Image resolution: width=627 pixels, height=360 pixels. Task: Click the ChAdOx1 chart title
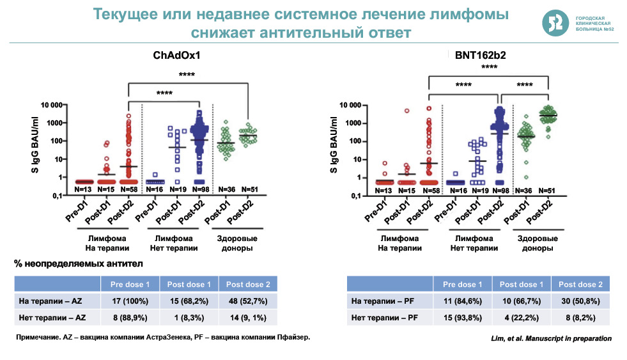[176, 56]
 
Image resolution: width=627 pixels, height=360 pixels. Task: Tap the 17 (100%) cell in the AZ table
[130, 300]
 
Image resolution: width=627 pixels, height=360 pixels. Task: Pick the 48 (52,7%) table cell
[248, 300]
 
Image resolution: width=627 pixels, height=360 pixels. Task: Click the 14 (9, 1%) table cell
[248, 317]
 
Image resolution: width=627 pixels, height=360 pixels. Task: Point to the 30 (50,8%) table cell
[580, 300]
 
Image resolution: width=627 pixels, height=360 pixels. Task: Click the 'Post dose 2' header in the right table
[580, 284]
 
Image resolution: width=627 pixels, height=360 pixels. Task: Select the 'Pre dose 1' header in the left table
[130, 284]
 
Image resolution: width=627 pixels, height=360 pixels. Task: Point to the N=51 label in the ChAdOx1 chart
[249, 190]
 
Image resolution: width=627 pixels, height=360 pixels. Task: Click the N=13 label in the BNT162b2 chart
[383, 190]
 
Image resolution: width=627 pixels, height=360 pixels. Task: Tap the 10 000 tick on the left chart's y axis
[49, 104]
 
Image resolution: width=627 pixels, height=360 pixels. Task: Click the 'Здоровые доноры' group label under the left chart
[233, 243]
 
